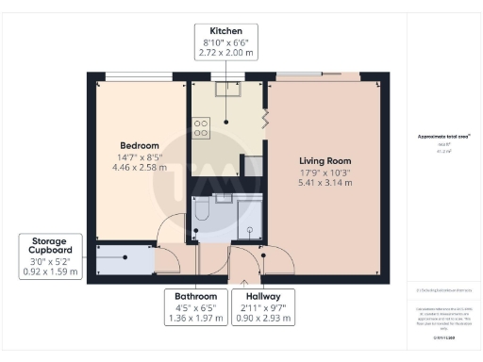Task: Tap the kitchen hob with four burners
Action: click(x=202, y=127)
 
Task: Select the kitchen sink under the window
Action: click(x=227, y=90)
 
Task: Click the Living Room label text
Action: click(x=325, y=159)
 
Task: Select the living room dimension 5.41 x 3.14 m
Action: click(x=325, y=183)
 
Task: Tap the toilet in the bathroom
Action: click(x=201, y=211)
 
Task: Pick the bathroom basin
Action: click(x=223, y=198)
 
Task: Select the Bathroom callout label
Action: click(x=196, y=296)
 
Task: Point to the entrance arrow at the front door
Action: click(x=244, y=279)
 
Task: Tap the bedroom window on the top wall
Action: click(x=131, y=76)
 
